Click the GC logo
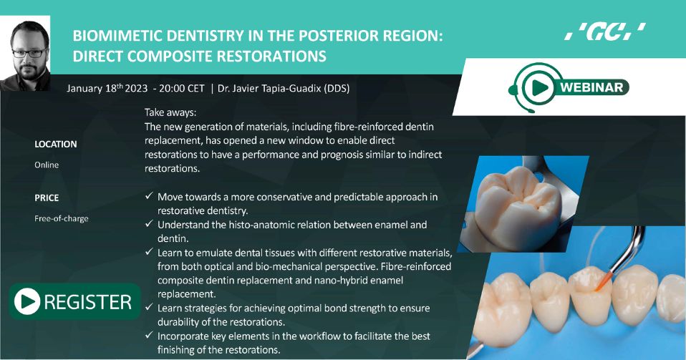click(x=604, y=31)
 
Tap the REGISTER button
click(x=74, y=301)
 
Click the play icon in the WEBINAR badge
click(x=540, y=87)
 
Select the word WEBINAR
click(x=591, y=87)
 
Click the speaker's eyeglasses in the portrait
click(x=29, y=53)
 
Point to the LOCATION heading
click(x=56, y=145)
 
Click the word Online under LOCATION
click(x=47, y=165)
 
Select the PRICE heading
click(x=47, y=198)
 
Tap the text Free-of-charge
click(x=62, y=219)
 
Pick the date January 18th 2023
click(x=107, y=88)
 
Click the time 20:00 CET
click(x=182, y=88)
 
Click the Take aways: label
click(x=170, y=112)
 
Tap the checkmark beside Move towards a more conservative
click(x=149, y=196)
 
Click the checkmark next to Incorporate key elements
click(x=149, y=335)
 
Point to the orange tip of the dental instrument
click(x=601, y=282)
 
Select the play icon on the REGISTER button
click(x=27, y=301)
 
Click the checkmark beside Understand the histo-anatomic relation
click(x=149, y=224)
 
